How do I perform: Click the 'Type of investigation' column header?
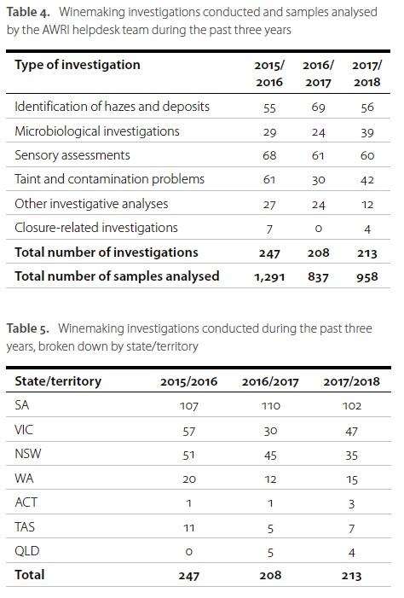click(78, 65)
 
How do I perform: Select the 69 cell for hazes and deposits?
click(318, 107)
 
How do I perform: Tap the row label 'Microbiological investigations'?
click(97, 131)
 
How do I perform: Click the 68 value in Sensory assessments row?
click(269, 155)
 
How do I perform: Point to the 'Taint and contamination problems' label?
click(109, 179)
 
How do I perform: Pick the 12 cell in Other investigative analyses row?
click(367, 205)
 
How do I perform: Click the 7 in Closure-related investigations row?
click(269, 229)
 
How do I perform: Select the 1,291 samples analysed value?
click(269, 277)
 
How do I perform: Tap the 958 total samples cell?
click(367, 277)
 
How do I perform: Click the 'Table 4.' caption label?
click(29, 12)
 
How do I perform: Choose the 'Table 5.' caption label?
click(28, 328)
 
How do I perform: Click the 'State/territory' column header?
click(58, 382)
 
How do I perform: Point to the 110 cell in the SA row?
click(270, 406)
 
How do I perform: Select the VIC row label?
click(24, 430)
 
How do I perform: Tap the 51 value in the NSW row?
click(188, 455)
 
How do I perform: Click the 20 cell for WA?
click(189, 479)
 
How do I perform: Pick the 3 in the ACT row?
click(351, 504)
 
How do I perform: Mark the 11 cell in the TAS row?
click(188, 528)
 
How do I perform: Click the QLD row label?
click(27, 551)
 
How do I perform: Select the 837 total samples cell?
click(318, 277)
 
